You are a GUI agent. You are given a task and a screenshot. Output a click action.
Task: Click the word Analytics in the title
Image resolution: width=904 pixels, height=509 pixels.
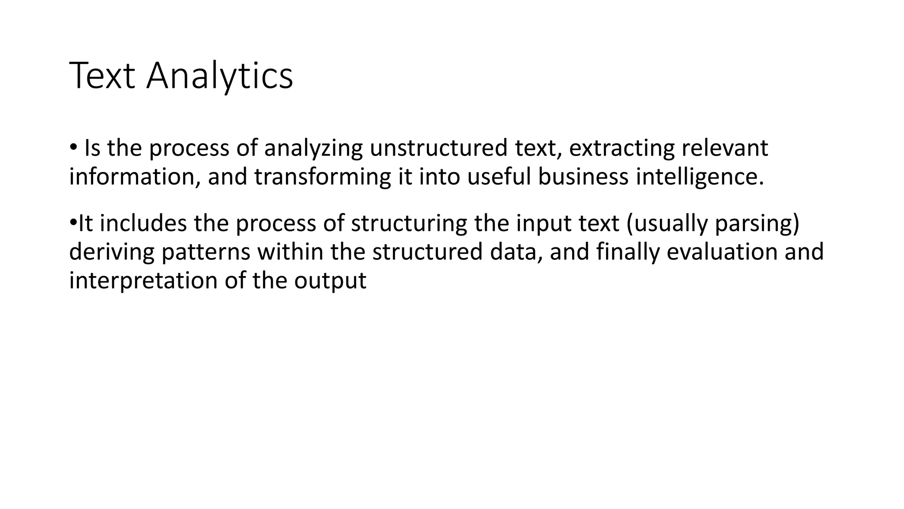click(219, 76)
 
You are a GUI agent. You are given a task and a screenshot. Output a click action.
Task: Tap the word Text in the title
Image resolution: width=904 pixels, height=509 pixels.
click(102, 76)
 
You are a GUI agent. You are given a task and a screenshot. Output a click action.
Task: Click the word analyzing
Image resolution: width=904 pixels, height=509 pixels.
click(313, 148)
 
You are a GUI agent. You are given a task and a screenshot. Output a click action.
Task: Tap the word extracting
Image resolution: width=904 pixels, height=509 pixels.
click(621, 148)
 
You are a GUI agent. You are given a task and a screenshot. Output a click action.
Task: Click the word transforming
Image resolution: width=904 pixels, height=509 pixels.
click(323, 177)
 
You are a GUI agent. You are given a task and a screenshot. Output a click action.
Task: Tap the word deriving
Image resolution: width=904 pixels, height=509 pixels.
click(112, 252)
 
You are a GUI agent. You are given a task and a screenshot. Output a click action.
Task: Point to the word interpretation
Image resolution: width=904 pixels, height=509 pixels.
click(143, 281)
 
